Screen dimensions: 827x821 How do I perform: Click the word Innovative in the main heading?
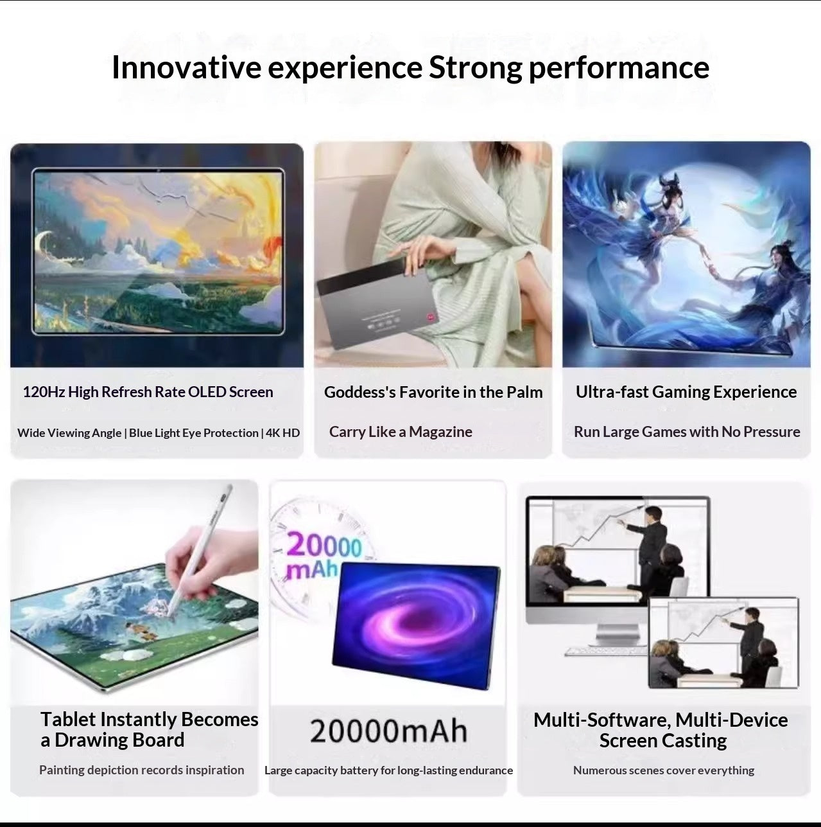point(186,67)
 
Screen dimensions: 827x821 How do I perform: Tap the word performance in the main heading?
point(618,67)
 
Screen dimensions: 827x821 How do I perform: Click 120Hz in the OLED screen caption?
point(43,392)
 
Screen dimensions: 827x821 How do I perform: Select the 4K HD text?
point(282,433)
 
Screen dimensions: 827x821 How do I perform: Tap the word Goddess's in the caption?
point(359,392)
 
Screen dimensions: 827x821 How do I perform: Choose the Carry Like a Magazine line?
point(401,432)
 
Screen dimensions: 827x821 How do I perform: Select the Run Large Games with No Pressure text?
point(687,432)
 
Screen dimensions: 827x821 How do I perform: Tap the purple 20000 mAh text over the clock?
point(321,554)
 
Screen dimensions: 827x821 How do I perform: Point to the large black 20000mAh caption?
point(388,731)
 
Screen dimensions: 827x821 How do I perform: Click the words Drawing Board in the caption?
point(119,740)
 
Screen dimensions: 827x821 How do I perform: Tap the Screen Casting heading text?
point(662,741)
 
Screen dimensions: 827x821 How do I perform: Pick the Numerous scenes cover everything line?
point(663,770)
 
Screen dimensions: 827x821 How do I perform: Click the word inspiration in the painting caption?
point(215,770)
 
